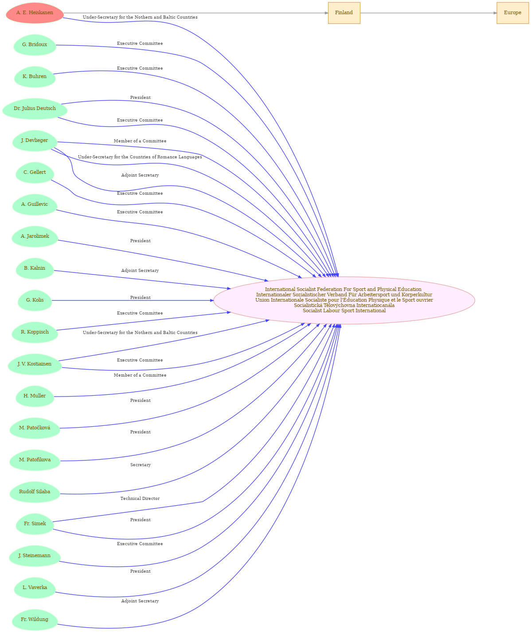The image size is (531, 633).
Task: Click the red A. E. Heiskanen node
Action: pos(35,13)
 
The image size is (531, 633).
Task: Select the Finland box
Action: pos(344,13)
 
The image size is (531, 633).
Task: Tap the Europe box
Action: pos(512,13)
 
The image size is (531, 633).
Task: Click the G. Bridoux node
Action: pos(35,44)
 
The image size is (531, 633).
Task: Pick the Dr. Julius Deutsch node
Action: pos(35,109)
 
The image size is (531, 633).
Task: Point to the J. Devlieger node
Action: pos(35,140)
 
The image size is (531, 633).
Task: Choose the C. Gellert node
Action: pos(35,172)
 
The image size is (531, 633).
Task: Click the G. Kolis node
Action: pos(35,300)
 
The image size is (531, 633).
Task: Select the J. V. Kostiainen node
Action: pos(35,364)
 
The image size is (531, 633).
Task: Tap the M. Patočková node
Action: pos(35,428)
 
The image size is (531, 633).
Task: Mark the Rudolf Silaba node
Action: pos(35,492)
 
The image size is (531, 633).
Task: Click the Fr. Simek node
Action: pos(35,523)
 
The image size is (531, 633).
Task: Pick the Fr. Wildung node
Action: pos(35,619)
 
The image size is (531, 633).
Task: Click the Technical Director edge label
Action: pos(140,499)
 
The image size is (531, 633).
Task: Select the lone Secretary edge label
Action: pos(140,465)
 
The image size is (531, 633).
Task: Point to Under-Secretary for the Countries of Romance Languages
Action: pos(140,157)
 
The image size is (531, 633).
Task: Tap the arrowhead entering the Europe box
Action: pos(495,13)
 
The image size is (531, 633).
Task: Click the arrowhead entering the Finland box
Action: pos(326,13)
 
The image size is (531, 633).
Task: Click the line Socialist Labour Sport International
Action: pos(344,311)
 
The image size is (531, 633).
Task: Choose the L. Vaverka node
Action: pos(35,587)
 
